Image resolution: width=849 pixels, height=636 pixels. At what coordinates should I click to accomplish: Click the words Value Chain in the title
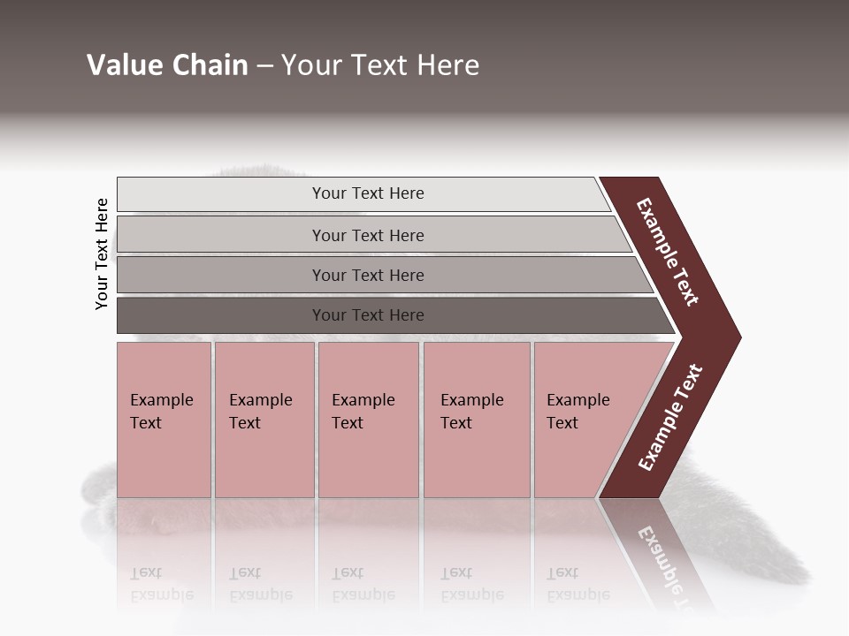167,65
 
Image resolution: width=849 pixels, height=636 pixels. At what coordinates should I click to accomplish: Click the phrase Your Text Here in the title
380,65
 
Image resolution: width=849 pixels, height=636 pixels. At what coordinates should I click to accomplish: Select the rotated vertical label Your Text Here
102,254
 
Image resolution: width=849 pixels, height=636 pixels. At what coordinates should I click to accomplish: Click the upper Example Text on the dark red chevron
668,252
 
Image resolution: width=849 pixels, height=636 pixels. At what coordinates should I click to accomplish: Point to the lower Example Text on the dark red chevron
670,418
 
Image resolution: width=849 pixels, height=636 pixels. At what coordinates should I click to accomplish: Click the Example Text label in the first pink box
161,412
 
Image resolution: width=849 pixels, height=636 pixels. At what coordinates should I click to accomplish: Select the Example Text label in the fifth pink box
577,412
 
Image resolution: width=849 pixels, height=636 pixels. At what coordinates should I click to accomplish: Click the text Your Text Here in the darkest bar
368,315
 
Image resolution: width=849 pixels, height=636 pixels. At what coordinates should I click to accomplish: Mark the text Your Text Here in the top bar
368,193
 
